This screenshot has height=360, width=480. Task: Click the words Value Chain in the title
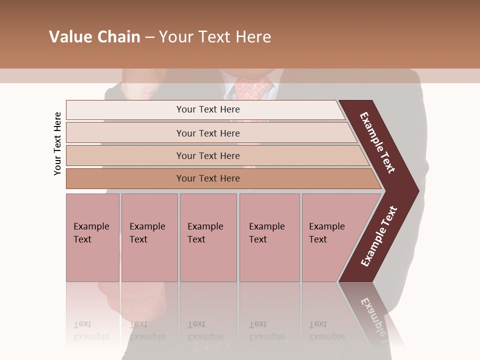click(94, 37)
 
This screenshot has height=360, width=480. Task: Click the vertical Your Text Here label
click(57, 143)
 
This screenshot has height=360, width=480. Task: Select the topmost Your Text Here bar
click(207, 109)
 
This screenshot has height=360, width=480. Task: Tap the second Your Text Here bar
click(207, 133)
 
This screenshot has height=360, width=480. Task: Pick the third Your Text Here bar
click(207, 155)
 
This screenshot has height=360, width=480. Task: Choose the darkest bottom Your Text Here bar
click(207, 178)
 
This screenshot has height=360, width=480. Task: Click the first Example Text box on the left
click(92, 237)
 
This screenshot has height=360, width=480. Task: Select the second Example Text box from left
click(149, 237)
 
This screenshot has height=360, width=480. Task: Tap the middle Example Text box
click(208, 237)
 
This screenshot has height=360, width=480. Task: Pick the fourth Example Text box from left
click(269, 237)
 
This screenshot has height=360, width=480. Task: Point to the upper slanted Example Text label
click(377, 142)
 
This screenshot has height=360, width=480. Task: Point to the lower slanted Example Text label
click(379, 236)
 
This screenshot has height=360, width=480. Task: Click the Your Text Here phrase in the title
click(214, 37)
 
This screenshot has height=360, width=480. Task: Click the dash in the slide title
click(149, 37)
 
